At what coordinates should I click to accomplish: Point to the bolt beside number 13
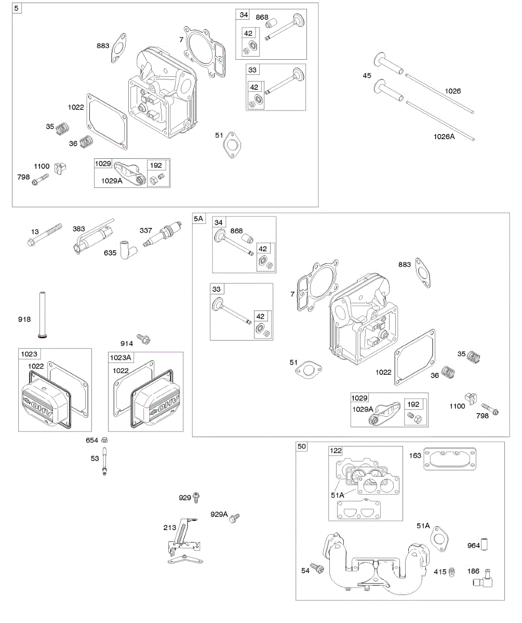(x=46, y=235)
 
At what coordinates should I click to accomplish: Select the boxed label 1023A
(x=121, y=357)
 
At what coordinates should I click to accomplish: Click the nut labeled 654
(x=104, y=440)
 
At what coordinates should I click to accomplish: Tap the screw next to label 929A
(x=235, y=517)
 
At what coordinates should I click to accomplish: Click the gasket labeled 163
(x=450, y=459)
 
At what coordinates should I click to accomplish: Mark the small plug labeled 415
(x=451, y=571)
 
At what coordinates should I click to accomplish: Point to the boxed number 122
(x=335, y=451)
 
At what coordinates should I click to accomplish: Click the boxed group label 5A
(x=199, y=219)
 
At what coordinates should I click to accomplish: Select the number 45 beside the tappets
(x=367, y=76)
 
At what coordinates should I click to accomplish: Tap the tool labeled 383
(x=91, y=237)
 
